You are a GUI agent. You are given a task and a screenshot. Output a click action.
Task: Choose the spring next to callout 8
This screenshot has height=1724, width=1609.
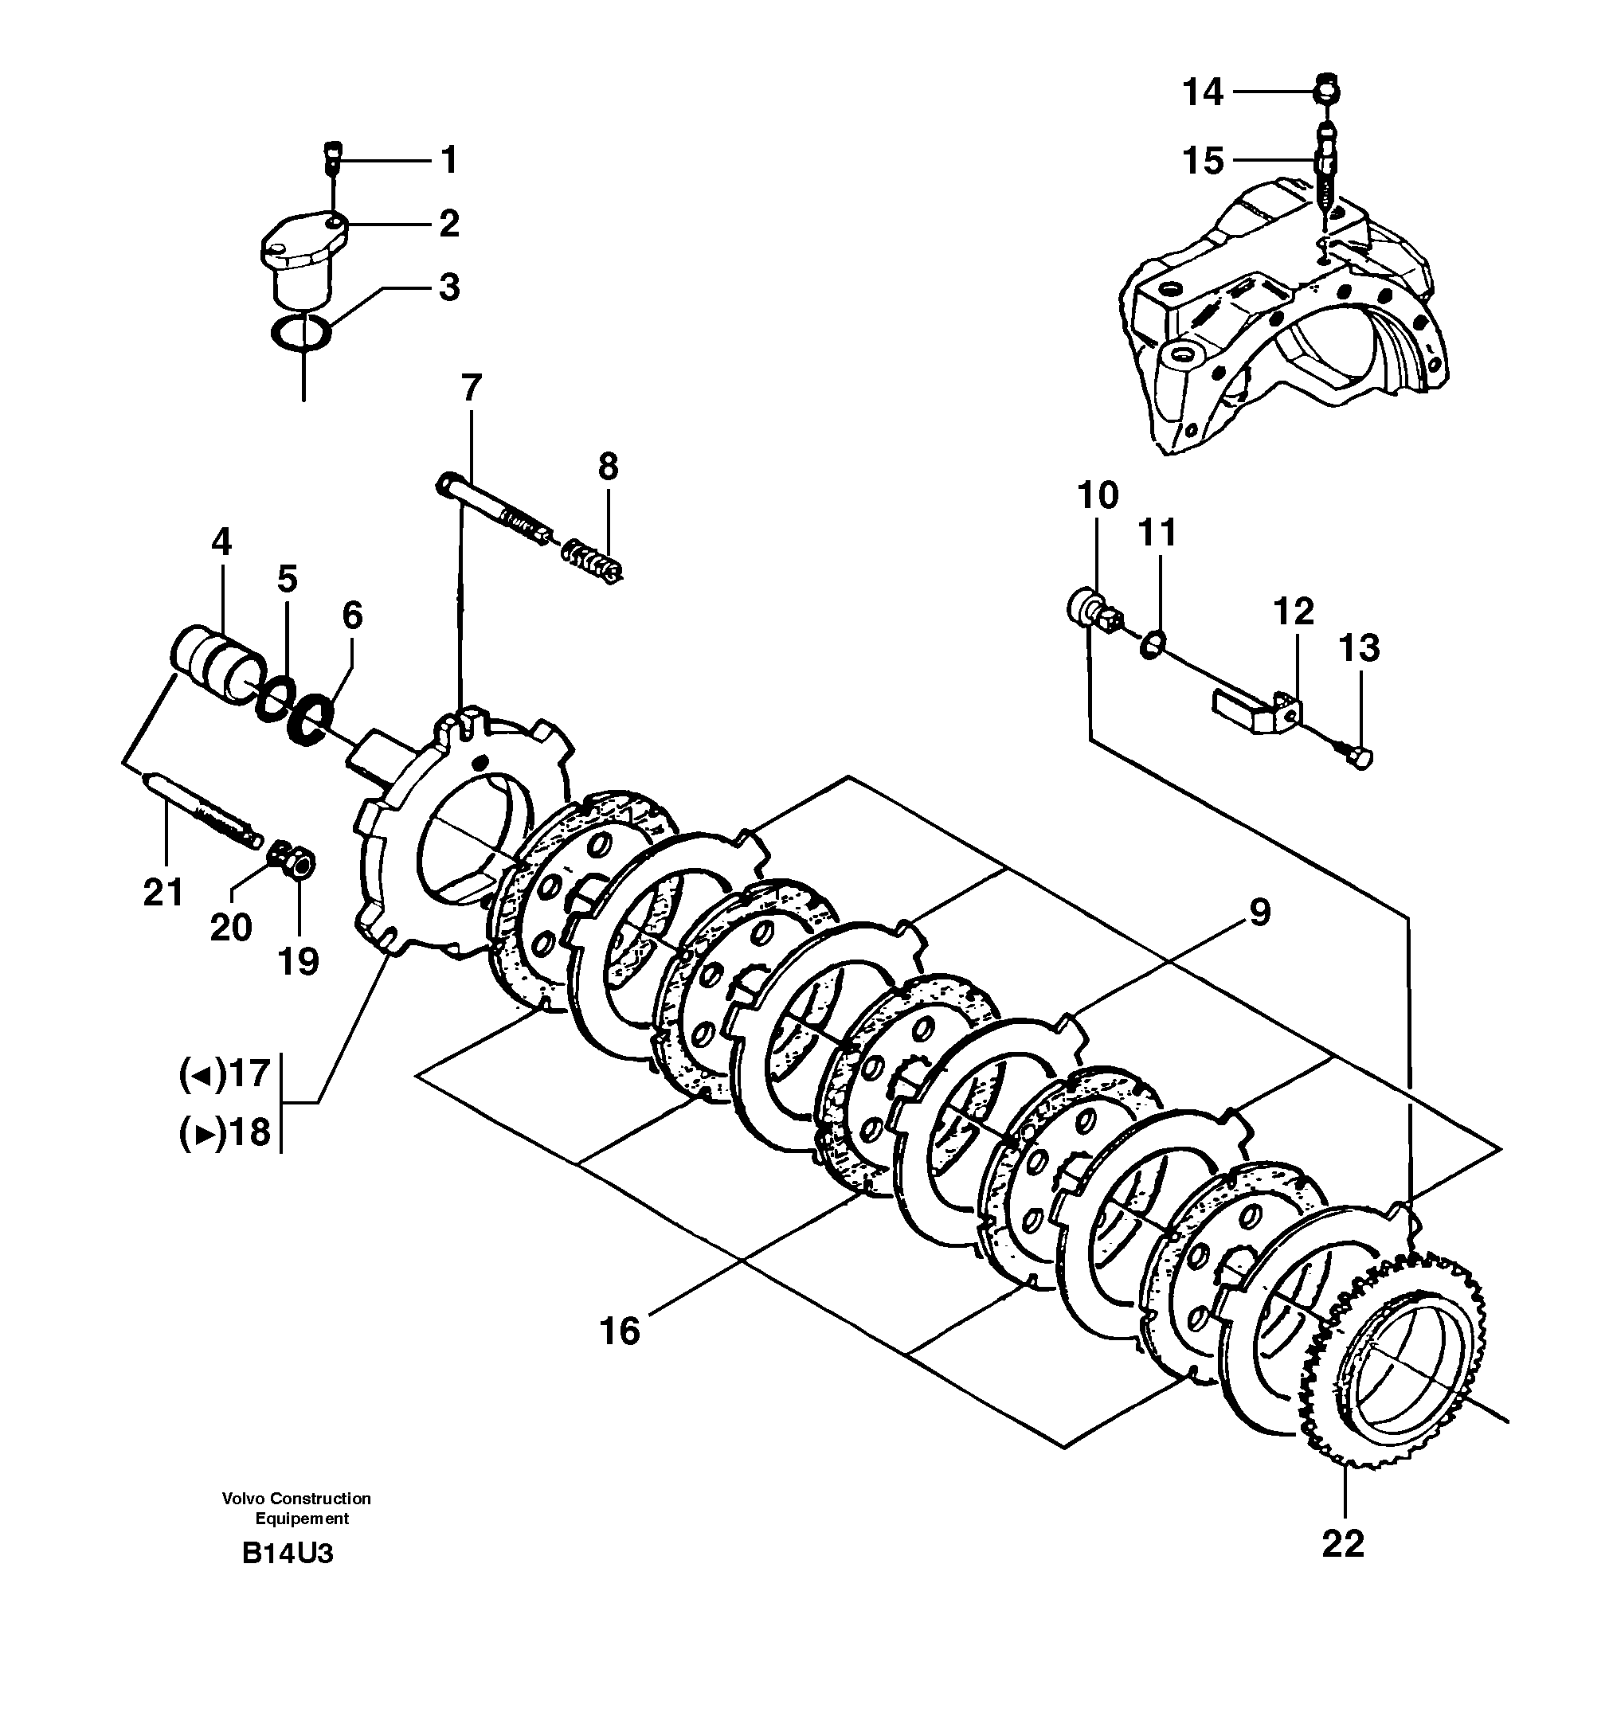595,561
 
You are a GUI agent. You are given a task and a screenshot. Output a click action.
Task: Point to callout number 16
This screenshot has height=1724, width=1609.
620,1331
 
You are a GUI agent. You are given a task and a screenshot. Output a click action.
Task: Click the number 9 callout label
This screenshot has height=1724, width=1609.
1259,913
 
